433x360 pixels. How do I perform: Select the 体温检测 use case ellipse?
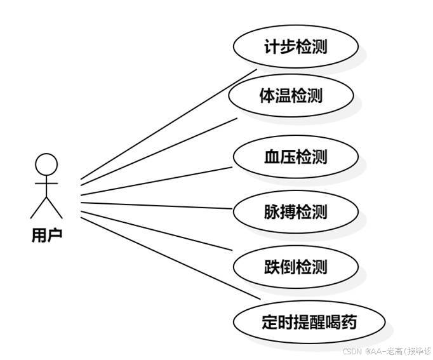[291, 96]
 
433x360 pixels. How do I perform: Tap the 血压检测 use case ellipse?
[296, 156]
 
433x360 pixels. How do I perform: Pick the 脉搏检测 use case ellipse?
[296, 211]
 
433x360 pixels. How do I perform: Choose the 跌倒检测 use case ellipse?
[296, 267]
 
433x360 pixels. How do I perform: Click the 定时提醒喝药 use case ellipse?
[309, 322]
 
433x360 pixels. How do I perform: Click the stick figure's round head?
[46, 165]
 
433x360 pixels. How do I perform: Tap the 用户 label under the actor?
[46, 236]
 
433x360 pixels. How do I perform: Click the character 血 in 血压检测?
[272, 157]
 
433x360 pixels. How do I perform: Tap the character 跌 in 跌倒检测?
[272, 267]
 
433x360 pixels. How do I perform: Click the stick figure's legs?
[46, 207]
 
